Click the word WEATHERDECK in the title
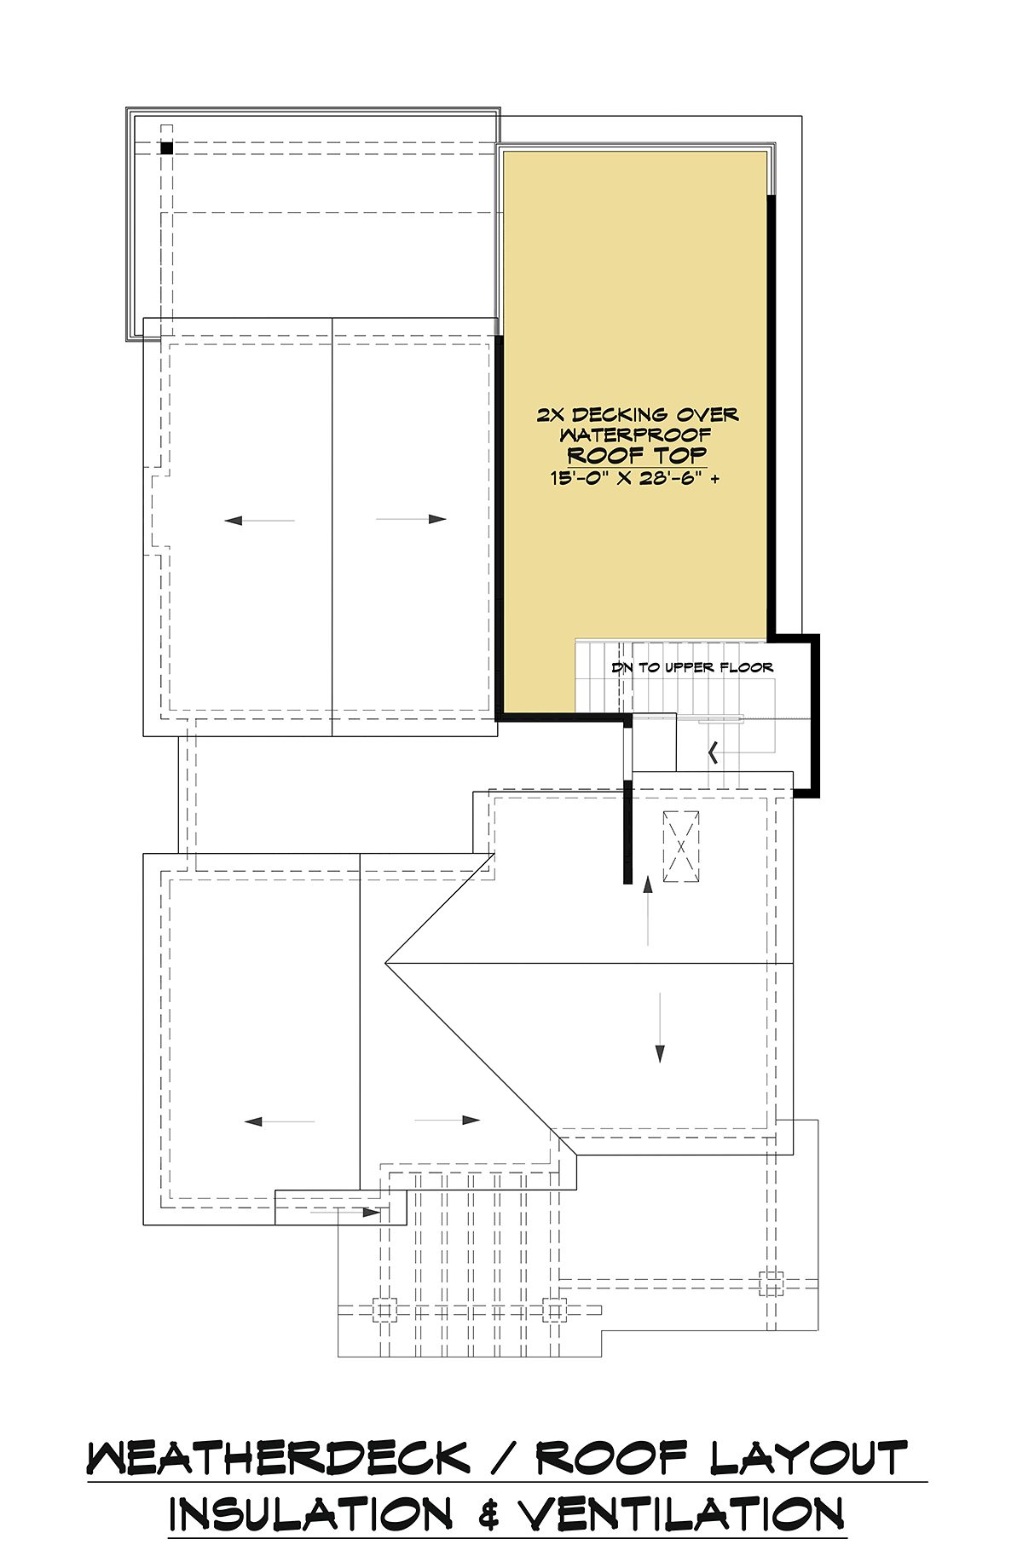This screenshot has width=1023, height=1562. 278,1459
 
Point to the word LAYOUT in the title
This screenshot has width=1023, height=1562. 809,1459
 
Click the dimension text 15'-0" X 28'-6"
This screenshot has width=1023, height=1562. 634,478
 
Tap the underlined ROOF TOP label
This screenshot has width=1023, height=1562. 637,455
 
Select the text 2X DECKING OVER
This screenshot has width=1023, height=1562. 637,415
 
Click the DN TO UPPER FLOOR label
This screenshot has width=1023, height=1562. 692,667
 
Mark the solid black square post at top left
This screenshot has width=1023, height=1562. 166,148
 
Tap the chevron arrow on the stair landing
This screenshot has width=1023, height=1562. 713,752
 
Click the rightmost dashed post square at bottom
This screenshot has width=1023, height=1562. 771,1283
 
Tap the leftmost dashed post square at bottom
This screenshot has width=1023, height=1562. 384,1310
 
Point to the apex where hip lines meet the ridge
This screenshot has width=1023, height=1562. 386,964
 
